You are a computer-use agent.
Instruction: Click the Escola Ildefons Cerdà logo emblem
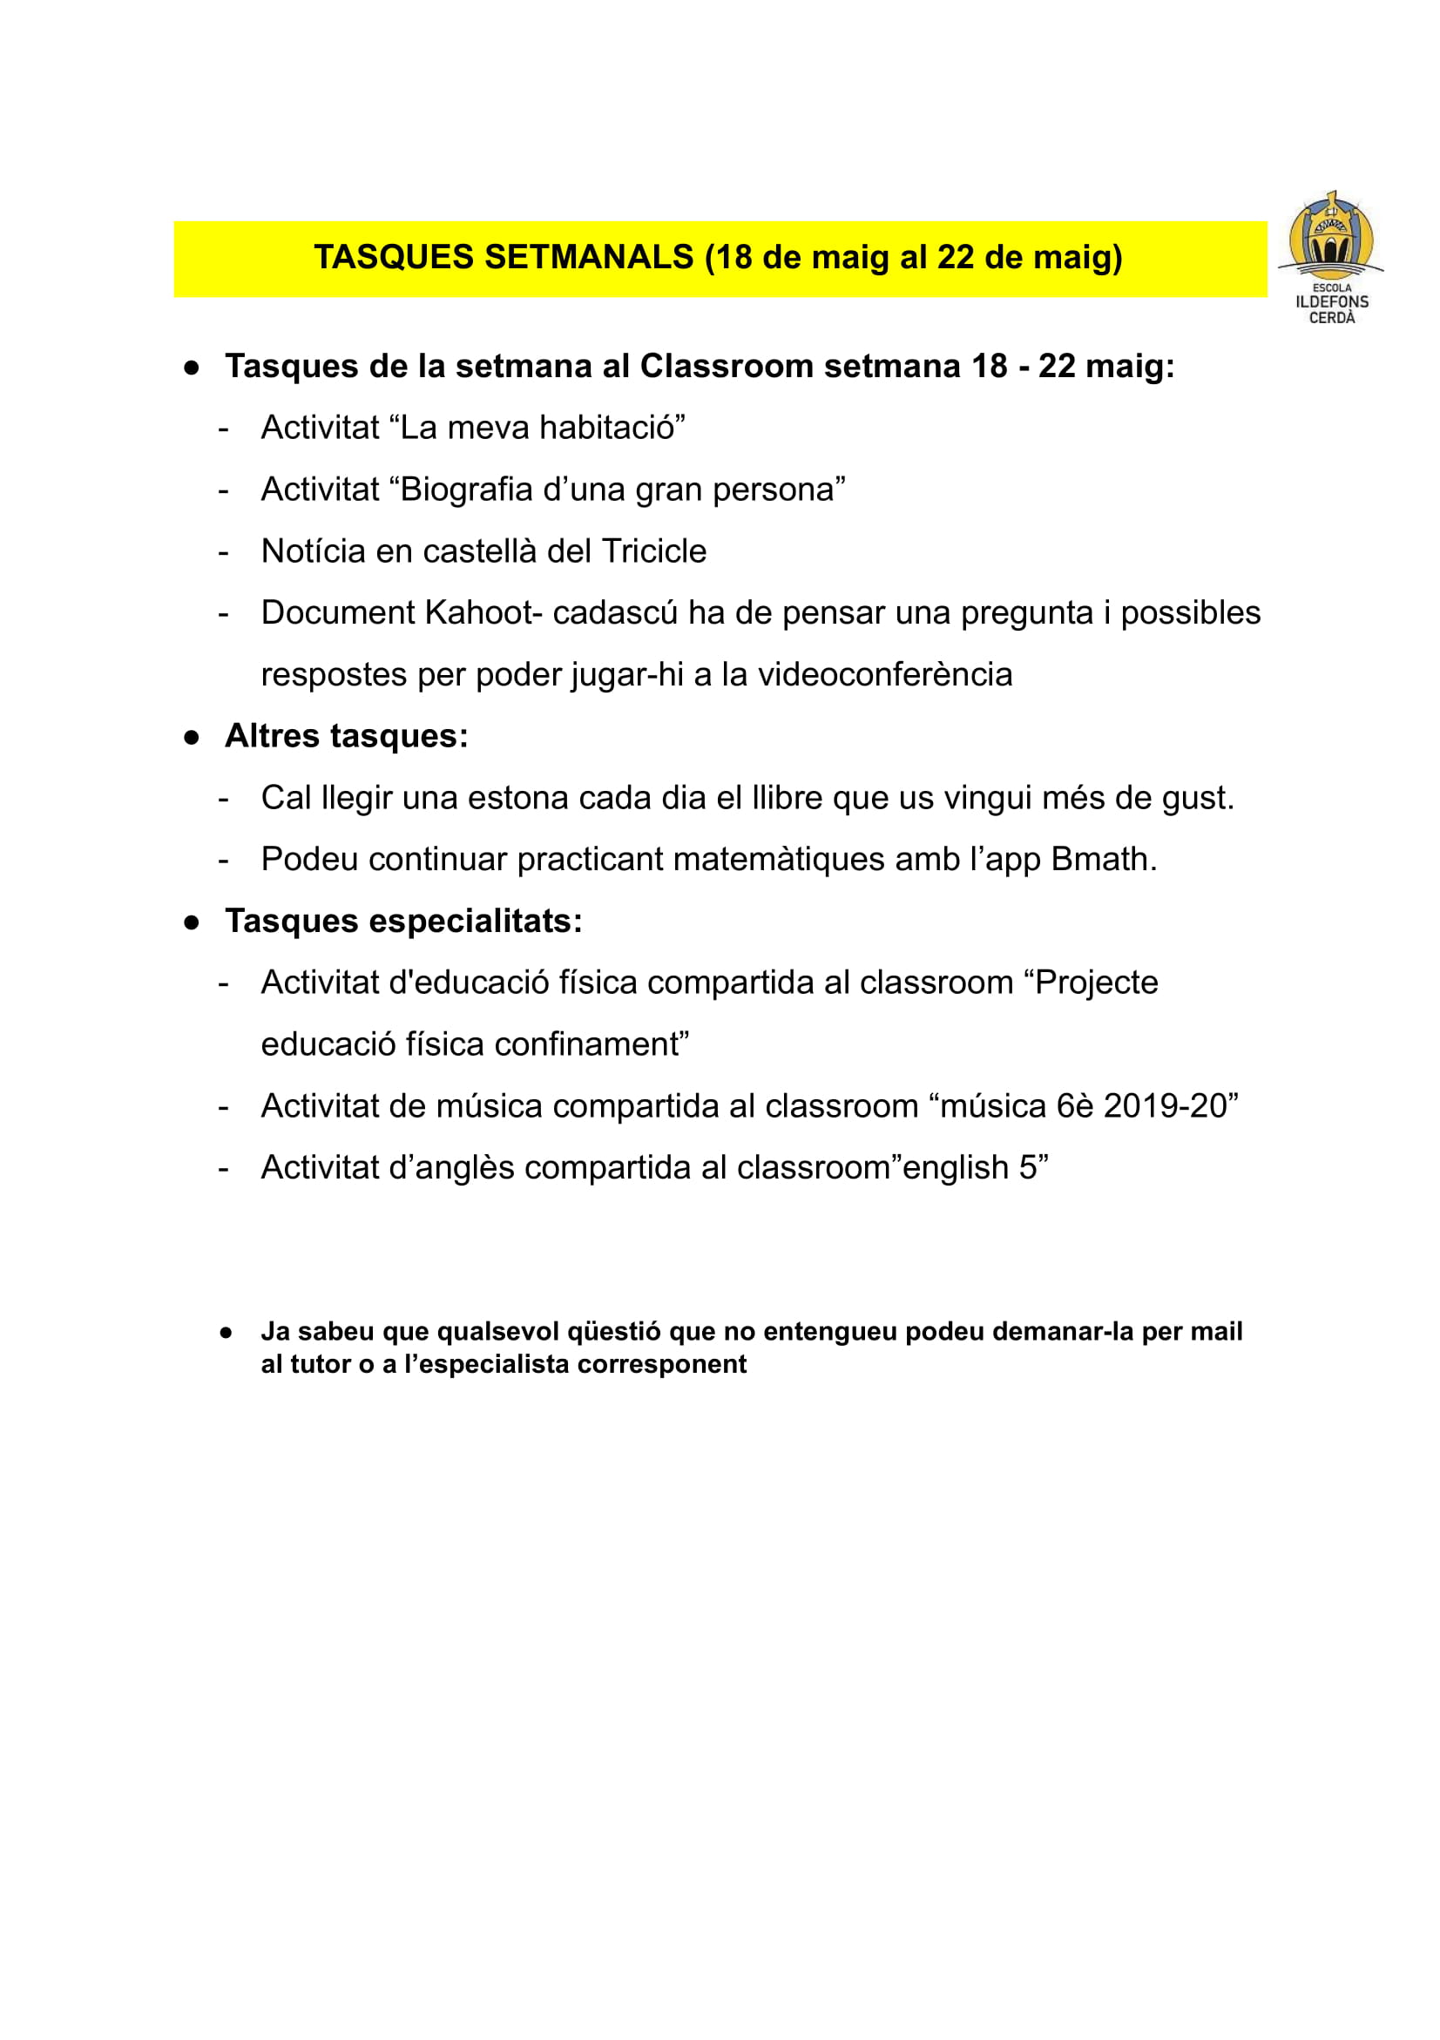[x=1330, y=235]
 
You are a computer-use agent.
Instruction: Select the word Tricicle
[x=654, y=551]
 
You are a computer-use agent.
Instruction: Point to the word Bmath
[x=1104, y=859]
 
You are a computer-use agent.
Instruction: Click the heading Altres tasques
[x=347, y=736]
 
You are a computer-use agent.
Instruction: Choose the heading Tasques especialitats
[x=403, y=922]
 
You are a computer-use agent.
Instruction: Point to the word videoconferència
[x=884, y=674]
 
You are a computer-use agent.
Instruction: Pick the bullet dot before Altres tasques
[x=191, y=738]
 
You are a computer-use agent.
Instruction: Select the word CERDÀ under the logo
[x=1332, y=318]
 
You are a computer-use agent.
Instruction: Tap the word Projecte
[x=1096, y=983]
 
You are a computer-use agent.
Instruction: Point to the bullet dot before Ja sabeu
[x=226, y=1333]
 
